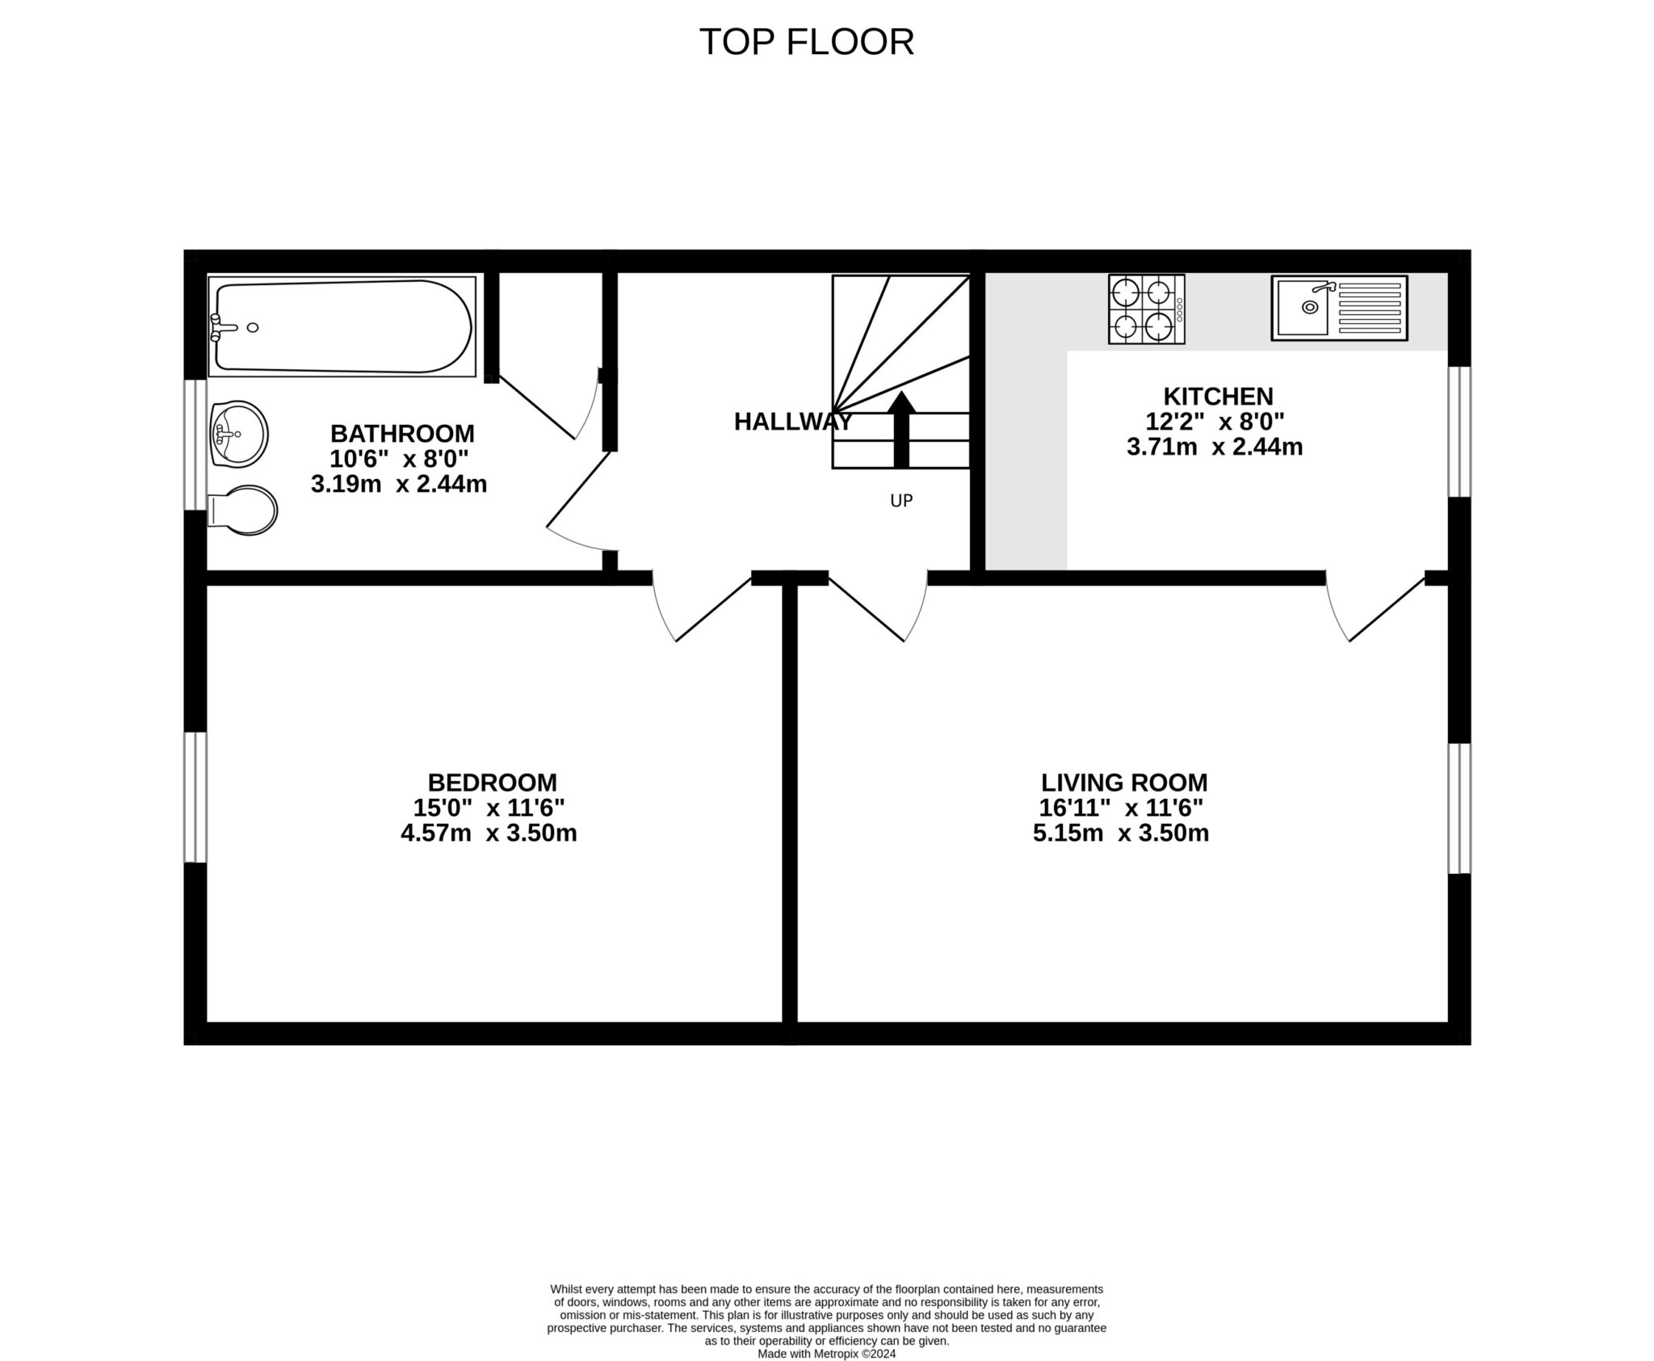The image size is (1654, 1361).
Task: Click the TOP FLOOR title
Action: (806, 42)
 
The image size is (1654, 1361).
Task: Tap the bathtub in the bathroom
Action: (341, 326)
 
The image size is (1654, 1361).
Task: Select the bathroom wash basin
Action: (238, 434)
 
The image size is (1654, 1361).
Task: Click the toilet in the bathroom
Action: (243, 510)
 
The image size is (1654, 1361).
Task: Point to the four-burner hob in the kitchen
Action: (1146, 309)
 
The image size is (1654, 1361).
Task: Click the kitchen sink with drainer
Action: (1339, 308)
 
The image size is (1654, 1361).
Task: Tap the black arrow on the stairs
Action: (901, 430)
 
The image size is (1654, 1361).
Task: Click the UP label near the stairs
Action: (901, 501)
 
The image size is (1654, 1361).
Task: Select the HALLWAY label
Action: (792, 422)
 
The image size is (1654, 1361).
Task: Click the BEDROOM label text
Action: (492, 782)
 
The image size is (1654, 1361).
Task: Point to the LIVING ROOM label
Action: (1123, 782)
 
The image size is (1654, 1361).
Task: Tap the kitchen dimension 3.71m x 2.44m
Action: (1214, 447)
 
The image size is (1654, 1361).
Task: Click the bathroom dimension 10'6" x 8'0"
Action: (399, 459)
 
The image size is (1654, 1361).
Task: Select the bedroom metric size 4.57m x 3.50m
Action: (489, 833)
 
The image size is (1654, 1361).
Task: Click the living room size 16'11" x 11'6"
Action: (1121, 807)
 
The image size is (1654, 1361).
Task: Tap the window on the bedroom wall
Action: (195, 797)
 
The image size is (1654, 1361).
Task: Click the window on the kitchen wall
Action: (1459, 431)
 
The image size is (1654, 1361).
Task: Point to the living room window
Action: (1459, 809)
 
